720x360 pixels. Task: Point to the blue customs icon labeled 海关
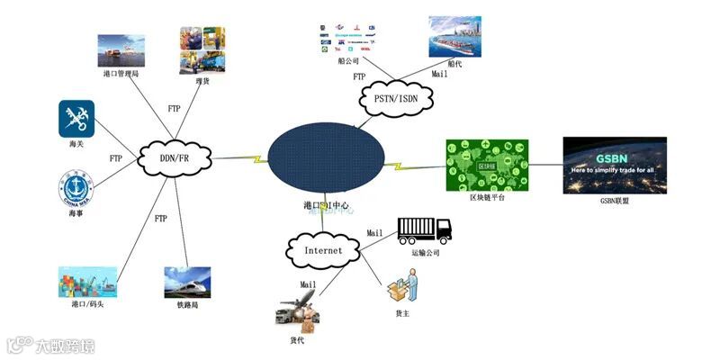tap(76, 118)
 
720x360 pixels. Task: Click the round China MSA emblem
tap(76, 187)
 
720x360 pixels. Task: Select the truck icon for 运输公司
tap(424, 230)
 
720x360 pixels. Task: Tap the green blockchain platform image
tap(487, 165)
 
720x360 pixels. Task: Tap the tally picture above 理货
tap(202, 49)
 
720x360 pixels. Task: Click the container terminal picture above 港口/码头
tap(87, 282)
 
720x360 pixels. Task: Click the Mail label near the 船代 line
tap(439, 75)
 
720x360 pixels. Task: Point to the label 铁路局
tap(188, 305)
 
